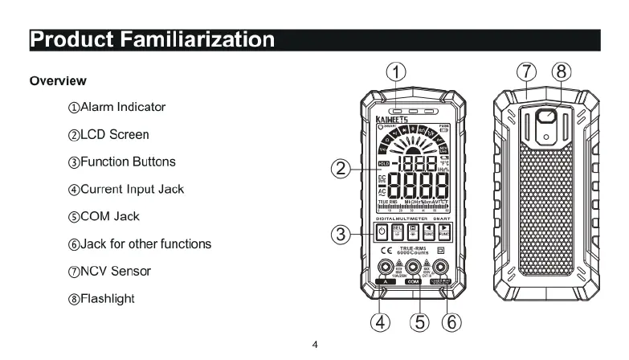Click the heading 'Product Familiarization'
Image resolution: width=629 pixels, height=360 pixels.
pos(153,39)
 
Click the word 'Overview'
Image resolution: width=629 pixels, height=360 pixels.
pos(58,81)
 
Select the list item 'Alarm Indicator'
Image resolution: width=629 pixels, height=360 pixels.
pos(117,107)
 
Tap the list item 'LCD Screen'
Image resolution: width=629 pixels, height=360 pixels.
pos(109,134)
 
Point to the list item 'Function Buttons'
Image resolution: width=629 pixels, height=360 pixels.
pos(122,162)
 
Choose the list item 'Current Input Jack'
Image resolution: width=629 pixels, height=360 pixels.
pos(127,189)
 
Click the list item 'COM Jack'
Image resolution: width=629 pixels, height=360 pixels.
pos(104,216)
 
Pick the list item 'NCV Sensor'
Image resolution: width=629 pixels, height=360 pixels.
pos(110,271)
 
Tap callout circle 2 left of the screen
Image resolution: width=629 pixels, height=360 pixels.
pos(341,169)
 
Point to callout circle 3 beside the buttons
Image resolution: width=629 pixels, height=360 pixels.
pos(341,235)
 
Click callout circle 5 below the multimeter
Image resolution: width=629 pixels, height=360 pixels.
pos(417,322)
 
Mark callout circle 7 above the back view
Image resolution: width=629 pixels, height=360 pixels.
pos(527,72)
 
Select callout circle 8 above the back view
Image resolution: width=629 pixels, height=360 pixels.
pos(561,72)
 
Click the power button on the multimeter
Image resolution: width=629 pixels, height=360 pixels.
pos(383,233)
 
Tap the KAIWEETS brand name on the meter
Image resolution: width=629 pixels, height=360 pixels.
pos(392,117)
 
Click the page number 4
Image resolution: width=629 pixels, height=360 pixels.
pos(315,346)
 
